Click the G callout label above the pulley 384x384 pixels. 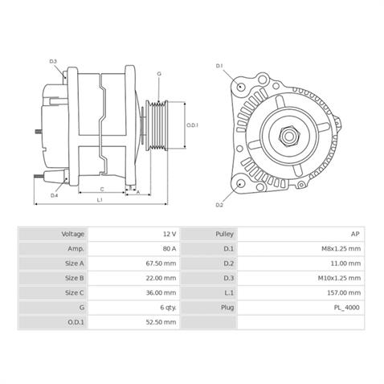159,74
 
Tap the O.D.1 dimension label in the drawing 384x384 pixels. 192,125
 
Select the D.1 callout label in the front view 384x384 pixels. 219,64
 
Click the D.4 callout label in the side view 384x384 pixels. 54,195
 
